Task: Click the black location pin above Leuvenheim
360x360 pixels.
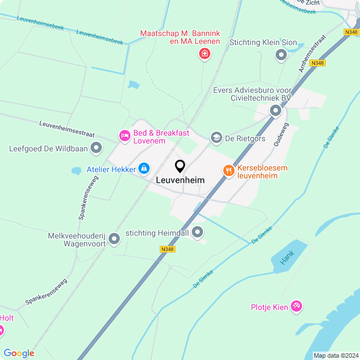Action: pos(180,166)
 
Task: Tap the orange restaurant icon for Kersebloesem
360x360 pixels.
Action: pos(228,170)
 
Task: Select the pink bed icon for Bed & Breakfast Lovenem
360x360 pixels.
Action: pos(124,135)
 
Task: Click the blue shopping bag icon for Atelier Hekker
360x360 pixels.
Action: pos(144,168)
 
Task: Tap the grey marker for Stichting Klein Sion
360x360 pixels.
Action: pos(281,55)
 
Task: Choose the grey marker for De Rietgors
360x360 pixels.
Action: pos(216,138)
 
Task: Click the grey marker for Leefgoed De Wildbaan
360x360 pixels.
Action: pos(96,148)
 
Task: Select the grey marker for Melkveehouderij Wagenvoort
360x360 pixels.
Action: pos(114,239)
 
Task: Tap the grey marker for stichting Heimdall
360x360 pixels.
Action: pos(197,232)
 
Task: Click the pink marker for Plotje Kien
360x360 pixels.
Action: pos(297,307)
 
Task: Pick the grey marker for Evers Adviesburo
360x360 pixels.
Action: pos(275,111)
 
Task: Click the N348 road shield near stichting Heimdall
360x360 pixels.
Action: pos(167,249)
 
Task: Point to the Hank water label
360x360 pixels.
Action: pos(287,258)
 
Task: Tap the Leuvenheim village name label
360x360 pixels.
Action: pos(180,180)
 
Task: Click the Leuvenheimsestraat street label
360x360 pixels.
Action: pos(66,130)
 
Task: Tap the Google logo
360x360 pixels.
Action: pos(19,353)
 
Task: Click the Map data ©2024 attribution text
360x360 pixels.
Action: pos(335,355)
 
